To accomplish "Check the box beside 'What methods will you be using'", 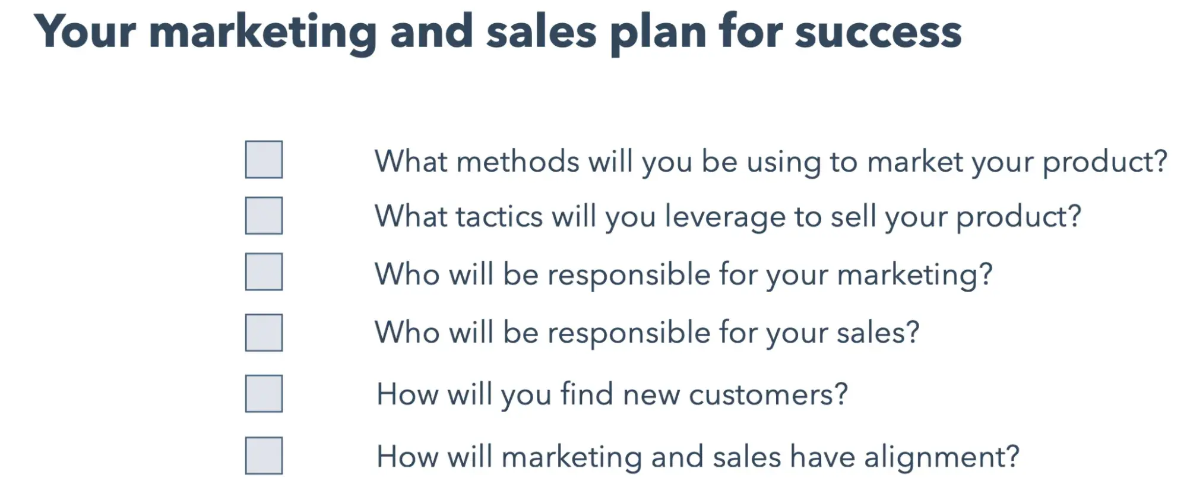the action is coord(264,159).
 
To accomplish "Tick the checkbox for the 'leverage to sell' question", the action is coord(264,216).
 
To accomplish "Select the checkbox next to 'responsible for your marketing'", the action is coord(264,272).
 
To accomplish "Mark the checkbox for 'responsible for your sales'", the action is coord(264,333).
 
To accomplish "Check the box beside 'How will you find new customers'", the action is coord(264,394).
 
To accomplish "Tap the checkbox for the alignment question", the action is coord(264,456).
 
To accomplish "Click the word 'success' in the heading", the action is coord(878,33).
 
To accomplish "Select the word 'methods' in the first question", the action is coord(518,161).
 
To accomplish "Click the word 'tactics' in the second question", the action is coord(499,216).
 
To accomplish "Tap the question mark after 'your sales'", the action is coord(912,333).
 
